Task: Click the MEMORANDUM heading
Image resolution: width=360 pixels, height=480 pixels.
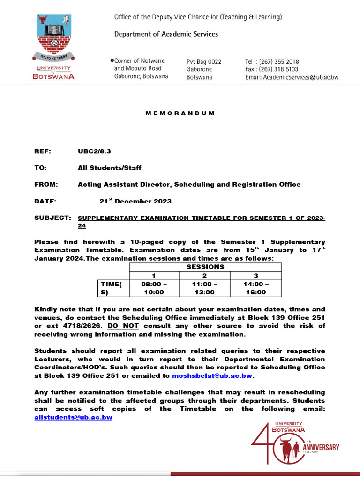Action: point(180,113)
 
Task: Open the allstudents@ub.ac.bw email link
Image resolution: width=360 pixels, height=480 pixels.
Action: point(74,417)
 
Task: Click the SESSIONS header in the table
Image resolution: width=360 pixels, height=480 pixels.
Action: point(205,267)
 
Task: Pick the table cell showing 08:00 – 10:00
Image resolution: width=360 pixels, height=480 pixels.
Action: point(154,288)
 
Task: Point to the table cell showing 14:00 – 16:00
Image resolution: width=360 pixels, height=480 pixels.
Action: point(256,288)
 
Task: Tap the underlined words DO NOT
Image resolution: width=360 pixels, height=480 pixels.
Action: point(123,326)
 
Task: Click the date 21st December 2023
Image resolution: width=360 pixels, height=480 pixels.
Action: point(135,201)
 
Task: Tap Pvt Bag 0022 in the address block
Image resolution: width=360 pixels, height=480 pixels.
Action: point(204,61)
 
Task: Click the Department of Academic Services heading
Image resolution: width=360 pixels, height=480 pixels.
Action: point(166,34)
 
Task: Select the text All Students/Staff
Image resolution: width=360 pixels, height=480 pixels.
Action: point(109,168)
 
